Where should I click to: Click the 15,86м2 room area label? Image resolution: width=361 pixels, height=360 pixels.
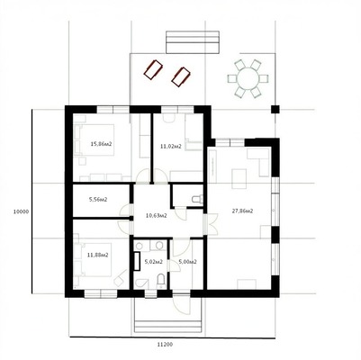click(x=101, y=144)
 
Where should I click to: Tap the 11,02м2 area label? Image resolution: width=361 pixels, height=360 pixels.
click(x=171, y=147)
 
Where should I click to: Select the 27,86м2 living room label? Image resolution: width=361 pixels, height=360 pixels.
click(x=242, y=211)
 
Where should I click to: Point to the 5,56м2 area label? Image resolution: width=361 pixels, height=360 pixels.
click(x=98, y=199)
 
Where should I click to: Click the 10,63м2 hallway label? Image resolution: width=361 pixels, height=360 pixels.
click(x=157, y=215)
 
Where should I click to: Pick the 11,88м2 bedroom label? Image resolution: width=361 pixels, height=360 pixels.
click(x=98, y=255)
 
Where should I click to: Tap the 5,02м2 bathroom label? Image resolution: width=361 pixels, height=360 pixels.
click(x=154, y=262)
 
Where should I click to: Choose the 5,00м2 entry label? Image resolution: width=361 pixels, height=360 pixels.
click(x=187, y=262)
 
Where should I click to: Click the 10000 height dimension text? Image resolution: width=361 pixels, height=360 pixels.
click(x=21, y=211)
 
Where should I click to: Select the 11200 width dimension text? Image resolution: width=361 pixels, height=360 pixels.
click(x=165, y=345)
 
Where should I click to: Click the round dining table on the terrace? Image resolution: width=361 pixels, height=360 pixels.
click(x=248, y=78)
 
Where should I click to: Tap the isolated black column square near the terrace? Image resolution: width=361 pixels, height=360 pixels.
click(x=275, y=109)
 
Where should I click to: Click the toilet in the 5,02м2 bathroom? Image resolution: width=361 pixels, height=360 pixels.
click(x=161, y=281)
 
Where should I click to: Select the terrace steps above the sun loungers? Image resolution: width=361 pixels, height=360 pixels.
click(x=193, y=42)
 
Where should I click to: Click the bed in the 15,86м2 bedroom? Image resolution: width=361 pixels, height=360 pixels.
click(x=95, y=139)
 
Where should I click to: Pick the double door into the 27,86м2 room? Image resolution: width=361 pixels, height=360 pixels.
click(x=210, y=224)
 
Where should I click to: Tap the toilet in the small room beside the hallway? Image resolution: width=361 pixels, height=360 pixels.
click(x=197, y=199)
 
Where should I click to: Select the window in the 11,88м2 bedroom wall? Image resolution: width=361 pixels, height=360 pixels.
click(x=101, y=293)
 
